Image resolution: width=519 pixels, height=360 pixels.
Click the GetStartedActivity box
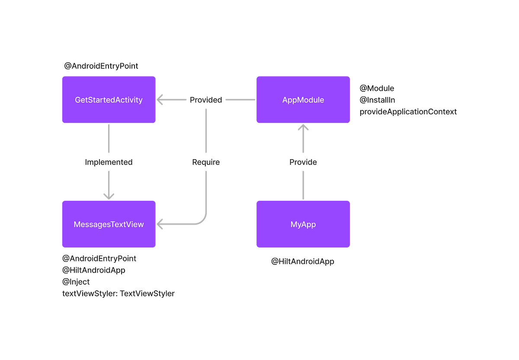coord(109,100)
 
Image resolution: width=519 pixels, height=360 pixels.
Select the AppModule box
coord(303,100)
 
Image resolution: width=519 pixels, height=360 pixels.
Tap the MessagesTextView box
coord(109,224)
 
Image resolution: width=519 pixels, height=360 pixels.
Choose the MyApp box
coord(303,224)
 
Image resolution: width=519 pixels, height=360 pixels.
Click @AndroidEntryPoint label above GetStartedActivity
coord(101,66)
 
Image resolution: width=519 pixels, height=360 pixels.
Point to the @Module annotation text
coord(377,88)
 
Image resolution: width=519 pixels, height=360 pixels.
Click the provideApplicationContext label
coord(408,112)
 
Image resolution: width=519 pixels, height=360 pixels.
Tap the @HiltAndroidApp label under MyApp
coord(303,261)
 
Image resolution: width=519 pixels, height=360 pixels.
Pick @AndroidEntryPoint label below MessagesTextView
coord(99,258)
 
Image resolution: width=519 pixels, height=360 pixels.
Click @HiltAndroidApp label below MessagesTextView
coord(94,270)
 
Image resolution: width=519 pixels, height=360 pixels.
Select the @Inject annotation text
coord(76,282)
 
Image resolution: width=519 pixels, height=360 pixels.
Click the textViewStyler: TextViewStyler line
coord(118,293)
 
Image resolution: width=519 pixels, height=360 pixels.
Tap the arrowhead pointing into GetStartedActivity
coord(160,100)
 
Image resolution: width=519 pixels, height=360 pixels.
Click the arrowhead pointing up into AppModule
coord(303,129)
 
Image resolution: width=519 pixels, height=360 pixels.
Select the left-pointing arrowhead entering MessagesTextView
coord(160,224)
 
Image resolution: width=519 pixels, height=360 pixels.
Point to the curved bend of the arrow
coord(202,219)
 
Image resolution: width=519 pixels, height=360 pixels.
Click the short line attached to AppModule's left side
coord(240,100)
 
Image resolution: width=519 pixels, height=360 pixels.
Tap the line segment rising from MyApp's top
coord(303,185)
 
